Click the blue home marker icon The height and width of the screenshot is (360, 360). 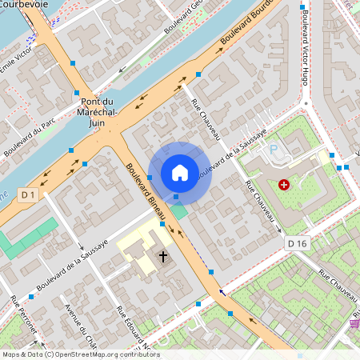coord(180,172)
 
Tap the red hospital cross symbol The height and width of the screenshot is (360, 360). coord(284,184)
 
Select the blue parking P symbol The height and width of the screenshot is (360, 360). coord(274,150)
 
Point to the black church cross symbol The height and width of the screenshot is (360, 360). coord(163,257)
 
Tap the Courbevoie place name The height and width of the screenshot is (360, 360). coord(23,4)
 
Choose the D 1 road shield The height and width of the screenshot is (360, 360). coord(28,194)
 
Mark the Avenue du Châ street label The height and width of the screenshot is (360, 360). coord(79,328)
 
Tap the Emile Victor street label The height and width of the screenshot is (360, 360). coord(18,60)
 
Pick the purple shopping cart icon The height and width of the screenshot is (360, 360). coord(354,324)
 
